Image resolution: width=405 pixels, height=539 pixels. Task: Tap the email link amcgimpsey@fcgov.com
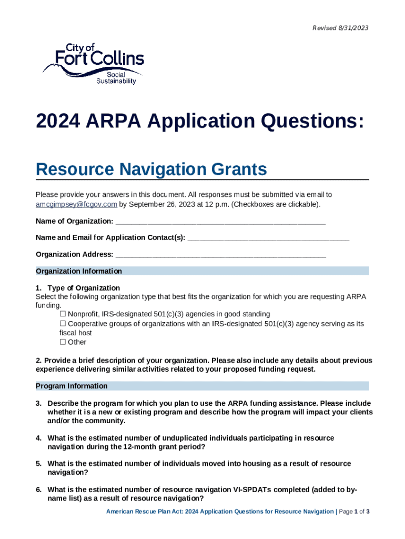pyautogui.click(x=76, y=204)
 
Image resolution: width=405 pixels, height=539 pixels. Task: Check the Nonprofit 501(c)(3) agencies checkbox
pyautogui.click(x=63, y=314)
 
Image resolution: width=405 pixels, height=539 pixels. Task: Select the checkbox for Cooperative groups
pyautogui.click(x=63, y=324)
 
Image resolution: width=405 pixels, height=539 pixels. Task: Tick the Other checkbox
pyautogui.click(x=63, y=342)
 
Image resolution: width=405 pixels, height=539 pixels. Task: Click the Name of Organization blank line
pyautogui.click(x=220, y=221)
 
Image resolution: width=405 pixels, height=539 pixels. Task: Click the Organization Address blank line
pyautogui.click(x=220, y=255)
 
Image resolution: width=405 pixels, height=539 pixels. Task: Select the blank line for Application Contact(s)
pyautogui.click(x=268, y=238)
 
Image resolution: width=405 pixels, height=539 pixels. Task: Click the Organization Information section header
pyautogui.click(x=79, y=271)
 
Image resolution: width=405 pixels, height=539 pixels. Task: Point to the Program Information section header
pyautogui.click(x=72, y=386)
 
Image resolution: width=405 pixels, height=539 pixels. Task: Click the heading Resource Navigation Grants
pyautogui.click(x=151, y=170)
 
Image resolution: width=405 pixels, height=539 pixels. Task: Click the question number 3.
pyautogui.click(x=38, y=403)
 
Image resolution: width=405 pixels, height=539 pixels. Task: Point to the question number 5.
pyautogui.click(x=38, y=464)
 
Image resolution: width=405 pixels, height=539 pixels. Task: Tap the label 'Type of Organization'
pyautogui.click(x=84, y=288)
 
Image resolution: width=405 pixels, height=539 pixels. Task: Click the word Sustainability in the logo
pyautogui.click(x=116, y=81)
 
